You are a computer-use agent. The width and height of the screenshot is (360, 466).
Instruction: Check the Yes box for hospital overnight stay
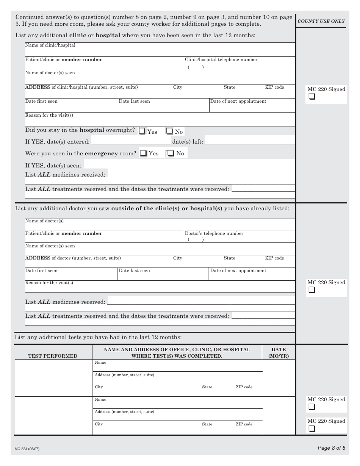[x=142, y=131]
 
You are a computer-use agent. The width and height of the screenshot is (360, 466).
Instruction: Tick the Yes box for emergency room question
[x=144, y=153]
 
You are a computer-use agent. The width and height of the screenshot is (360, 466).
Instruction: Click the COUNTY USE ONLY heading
[x=321, y=21]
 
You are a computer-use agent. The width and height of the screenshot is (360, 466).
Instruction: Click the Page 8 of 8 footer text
[x=331, y=448]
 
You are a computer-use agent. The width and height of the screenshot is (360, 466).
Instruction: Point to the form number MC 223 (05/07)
[x=27, y=449]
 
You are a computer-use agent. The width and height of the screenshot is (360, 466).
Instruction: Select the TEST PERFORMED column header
[x=53, y=356]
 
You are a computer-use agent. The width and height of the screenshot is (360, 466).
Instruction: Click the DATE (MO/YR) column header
[x=279, y=353]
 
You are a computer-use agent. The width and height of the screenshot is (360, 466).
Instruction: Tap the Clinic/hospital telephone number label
[x=221, y=59]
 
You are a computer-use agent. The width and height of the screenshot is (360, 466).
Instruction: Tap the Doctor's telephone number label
[x=214, y=233]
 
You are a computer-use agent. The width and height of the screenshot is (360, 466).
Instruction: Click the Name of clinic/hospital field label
[x=50, y=45]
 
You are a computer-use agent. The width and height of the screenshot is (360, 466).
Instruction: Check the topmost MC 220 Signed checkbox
[x=311, y=97]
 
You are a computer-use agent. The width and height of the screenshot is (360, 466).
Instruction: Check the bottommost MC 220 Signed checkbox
[x=311, y=428]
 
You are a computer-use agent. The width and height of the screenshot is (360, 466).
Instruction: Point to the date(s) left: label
[x=188, y=142]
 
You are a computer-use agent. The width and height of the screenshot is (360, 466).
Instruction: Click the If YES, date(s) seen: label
[x=53, y=166]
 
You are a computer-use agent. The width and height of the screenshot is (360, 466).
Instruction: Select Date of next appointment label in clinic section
[x=238, y=101]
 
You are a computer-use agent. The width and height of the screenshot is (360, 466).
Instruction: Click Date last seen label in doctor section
[x=134, y=271]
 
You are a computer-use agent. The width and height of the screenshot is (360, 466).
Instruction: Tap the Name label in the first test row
[x=100, y=363]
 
